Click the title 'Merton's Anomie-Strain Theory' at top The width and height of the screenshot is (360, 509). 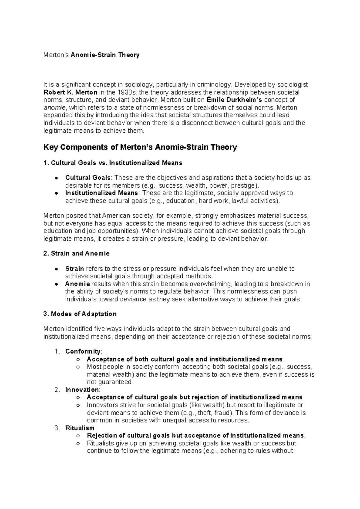[91, 55]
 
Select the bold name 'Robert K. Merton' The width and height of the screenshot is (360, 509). [70, 92]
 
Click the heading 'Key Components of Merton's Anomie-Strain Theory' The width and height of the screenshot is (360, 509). [140, 147]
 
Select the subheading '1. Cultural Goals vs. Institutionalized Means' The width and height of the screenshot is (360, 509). [113, 163]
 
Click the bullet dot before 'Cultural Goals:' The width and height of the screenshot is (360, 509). [56, 178]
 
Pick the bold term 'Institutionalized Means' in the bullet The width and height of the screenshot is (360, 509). [101, 193]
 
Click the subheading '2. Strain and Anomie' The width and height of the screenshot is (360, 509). [76, 253]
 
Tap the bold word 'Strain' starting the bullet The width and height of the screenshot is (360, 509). [74, 269]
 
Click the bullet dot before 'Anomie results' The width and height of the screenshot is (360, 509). [56, 284]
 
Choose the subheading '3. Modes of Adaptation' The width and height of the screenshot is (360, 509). [80, 314]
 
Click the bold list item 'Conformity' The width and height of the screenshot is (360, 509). [83, 351]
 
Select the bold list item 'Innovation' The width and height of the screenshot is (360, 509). [82, 390]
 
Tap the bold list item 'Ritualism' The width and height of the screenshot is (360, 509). [80, 428]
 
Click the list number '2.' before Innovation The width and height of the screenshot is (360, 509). [58, 390]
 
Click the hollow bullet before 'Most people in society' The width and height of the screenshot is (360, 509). [78, 367]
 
